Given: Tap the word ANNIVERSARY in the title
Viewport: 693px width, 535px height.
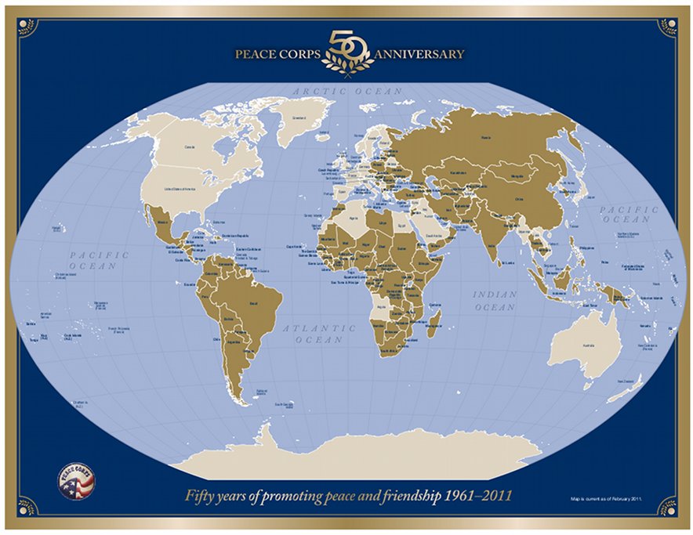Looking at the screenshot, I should tap(419, 55).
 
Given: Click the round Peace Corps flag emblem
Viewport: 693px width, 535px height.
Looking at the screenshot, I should tap(75, 479).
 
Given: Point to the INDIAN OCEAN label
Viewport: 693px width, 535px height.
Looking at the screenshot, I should tap(495, 301).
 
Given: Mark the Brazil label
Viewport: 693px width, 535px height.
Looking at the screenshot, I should tap(252, 300).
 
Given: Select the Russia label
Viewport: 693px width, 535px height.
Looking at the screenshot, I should tap(485, 137).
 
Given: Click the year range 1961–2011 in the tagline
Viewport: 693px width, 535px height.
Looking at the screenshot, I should tap(475, 496).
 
